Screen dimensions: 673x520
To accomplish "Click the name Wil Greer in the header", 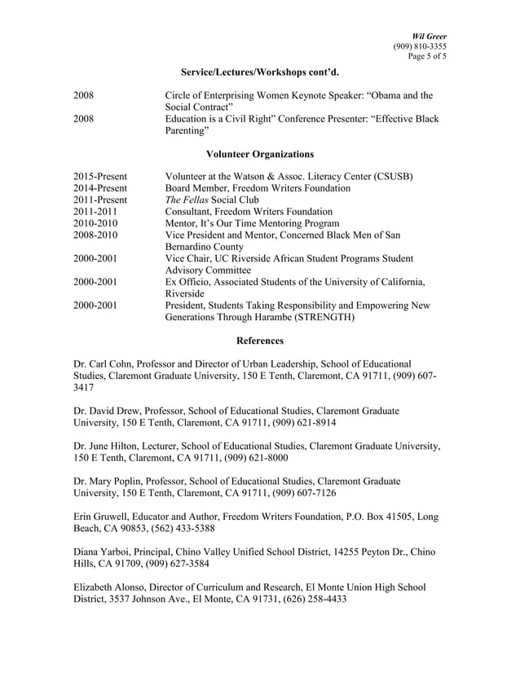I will (430, 36).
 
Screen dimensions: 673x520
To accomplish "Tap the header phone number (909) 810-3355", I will (420, 46).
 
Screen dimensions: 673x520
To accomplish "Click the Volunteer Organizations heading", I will (260, 153).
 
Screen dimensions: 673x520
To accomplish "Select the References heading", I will (260, 340).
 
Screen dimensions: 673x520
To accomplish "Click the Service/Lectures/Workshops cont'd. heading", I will (260, 73).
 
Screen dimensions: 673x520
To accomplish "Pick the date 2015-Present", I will (99, 176).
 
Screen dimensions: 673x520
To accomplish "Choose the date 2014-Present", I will (99, 188).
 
